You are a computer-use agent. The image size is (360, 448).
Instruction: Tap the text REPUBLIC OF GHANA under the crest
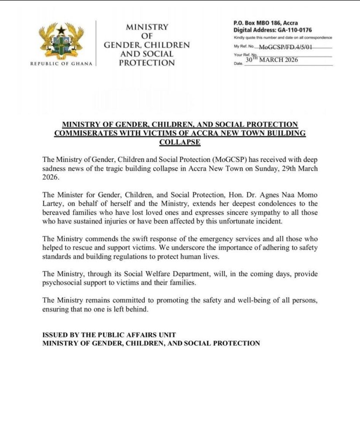click(x=61, y=64)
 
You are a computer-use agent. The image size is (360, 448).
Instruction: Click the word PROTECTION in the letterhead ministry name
click(x=147, y=63)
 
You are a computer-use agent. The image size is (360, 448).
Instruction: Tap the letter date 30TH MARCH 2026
click(x=271, y=60)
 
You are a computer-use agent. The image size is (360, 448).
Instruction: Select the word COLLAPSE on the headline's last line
click(x=180, y=142)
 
